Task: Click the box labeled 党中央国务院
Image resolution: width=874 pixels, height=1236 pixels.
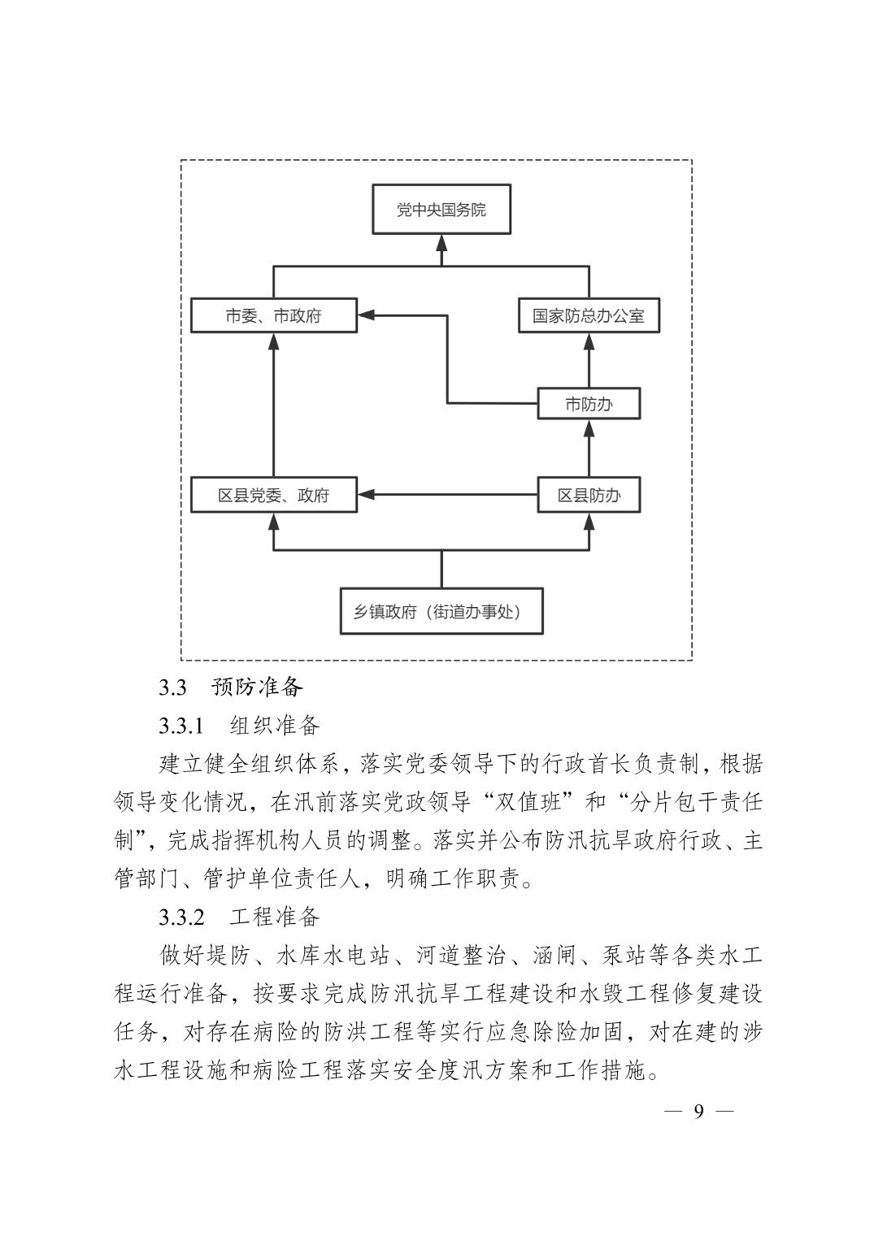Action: pos(441,210)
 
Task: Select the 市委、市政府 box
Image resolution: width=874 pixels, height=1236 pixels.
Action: pos(273,315)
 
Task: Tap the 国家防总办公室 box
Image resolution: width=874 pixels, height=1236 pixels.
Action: pos(589,315)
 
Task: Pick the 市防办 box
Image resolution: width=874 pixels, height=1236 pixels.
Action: pos(589,404)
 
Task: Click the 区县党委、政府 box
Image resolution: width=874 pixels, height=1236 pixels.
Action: pos(273,495)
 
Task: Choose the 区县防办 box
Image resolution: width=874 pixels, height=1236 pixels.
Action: pos(589,495)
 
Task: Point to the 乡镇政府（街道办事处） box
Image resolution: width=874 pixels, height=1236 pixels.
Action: pos(441,611)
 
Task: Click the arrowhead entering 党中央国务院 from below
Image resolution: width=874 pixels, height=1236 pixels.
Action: pos(441,243)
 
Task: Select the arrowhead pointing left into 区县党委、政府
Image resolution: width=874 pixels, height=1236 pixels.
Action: pos(366,494)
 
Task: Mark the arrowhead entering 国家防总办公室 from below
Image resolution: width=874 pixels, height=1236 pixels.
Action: pos(589,341)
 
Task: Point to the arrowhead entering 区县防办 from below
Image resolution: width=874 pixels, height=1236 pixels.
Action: pos(589,521)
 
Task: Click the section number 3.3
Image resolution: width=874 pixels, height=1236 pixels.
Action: pos(172,687)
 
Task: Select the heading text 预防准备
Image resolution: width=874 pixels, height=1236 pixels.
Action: pos(257,687)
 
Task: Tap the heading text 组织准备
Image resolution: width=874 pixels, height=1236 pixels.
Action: pos(275,725)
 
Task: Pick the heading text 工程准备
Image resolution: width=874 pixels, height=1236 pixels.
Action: pos(275,917)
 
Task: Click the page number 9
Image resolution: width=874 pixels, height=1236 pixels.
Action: pos(698,1111)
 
